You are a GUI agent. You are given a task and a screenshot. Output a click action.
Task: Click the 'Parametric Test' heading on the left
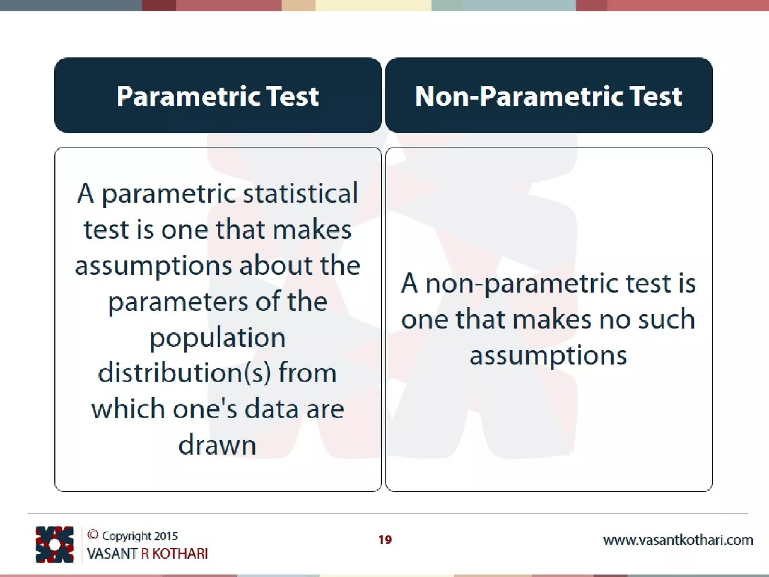(x=218, y=96)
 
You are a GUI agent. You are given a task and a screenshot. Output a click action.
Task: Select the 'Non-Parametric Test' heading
(x=548, y=96)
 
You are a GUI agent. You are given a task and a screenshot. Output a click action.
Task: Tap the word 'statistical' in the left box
(x=300, y=193)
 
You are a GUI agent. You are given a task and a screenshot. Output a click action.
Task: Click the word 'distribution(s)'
(x=184, y=373)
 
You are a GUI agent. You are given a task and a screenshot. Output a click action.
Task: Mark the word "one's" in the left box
(x=205, y=409)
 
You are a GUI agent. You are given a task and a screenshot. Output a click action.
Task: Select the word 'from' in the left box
(x=308, y=373)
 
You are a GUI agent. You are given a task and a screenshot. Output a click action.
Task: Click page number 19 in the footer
(x=385, y=540)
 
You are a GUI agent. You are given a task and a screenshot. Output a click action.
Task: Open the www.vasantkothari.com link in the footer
(x=678, y=540)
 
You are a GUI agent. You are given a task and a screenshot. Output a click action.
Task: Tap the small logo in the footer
(x=54, y=545)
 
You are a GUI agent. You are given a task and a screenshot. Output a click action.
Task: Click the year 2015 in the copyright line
(x=166, y=536)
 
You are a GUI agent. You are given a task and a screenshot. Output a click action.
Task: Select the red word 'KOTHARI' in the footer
(x=180, y=554)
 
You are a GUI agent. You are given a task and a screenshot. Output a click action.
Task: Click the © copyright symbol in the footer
(x=93, y=535)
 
